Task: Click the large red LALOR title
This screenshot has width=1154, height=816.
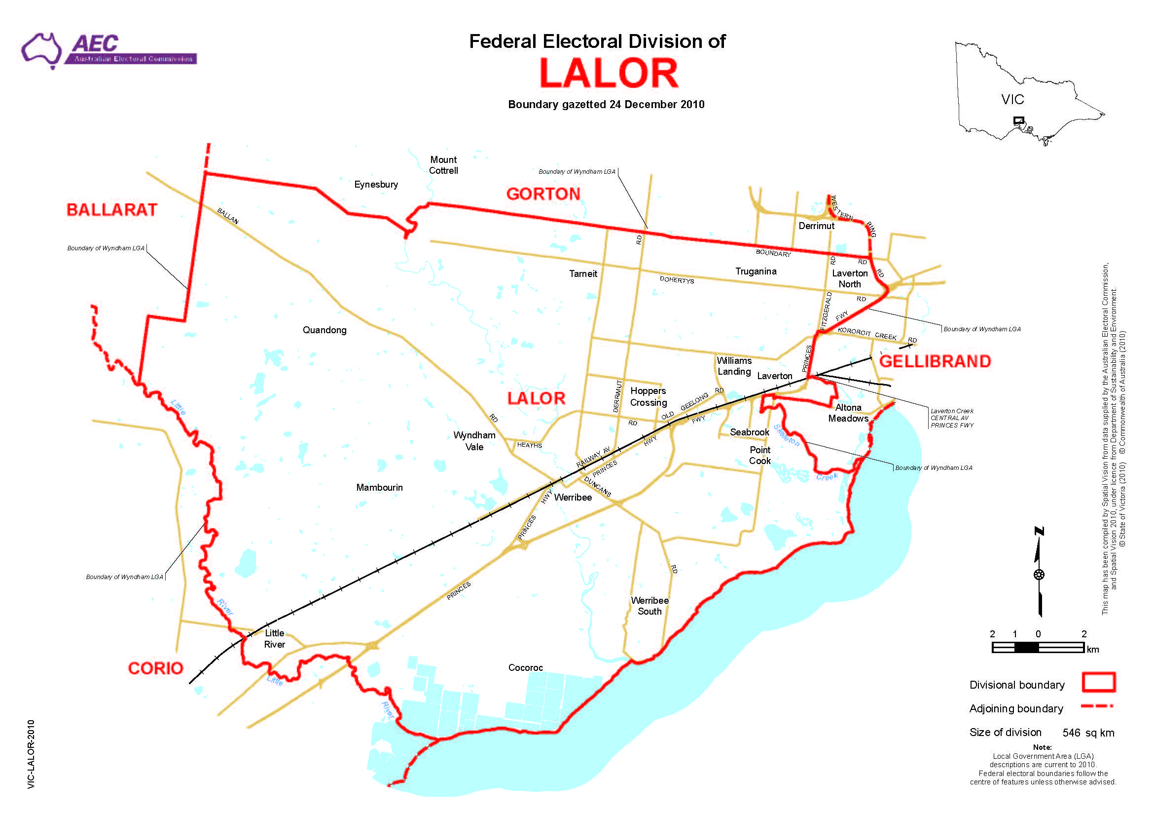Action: point(609,74)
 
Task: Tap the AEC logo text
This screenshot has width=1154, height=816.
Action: point(95,44)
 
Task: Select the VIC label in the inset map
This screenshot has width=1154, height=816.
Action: point(1012,100)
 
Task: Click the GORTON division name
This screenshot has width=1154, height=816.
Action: point(543,194)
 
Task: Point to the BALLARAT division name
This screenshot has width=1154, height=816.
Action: point(111,210)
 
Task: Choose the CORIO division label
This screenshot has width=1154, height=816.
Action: point(155,668)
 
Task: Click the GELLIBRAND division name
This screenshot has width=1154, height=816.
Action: point(935,361)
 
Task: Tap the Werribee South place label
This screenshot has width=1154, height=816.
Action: point(649,606)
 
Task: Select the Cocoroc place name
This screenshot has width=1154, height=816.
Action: point(525,667)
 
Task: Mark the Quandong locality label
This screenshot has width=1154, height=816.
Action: point(324,330)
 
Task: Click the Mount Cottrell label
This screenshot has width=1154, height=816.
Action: point(443,165)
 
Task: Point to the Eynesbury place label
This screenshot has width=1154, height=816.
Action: point(376,185)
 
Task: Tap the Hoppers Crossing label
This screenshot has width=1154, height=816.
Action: point(649,397)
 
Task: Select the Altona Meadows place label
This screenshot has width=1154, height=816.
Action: point(848,413)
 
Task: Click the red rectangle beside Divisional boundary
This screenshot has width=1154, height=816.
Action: point(1099,682)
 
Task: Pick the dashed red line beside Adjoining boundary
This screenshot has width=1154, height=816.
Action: point(1097,706)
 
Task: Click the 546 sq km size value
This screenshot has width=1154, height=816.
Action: point(1087,733)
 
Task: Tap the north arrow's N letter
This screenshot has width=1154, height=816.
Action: point(1039,531)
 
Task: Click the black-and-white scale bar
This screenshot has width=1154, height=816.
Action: point(1038,648)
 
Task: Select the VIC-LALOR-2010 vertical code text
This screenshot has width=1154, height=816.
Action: point(31,754)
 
